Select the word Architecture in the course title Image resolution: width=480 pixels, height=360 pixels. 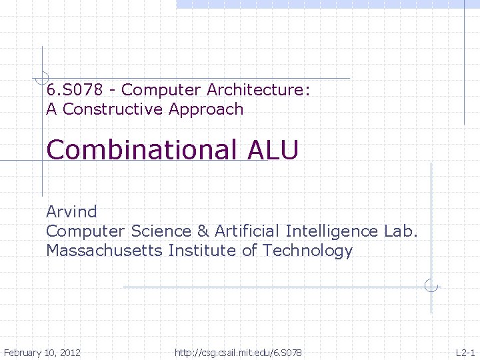click(258, 89)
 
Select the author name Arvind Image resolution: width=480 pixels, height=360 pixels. click(71, 212)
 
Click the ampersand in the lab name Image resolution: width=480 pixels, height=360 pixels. click(203, 231)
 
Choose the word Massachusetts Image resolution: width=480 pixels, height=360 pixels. click(105, 251)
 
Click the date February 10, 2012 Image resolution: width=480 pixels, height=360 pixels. click(42, 352)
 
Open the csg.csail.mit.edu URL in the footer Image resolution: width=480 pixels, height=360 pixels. click(238, 352)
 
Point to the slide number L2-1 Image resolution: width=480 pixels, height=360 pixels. click(465, 352)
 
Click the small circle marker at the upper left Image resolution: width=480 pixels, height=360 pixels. click(42, 77)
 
